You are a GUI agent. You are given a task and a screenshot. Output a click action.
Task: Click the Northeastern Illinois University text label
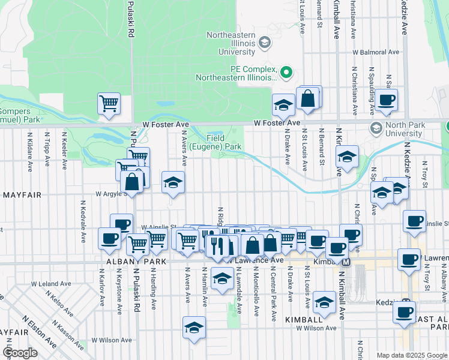click(x=232, y=43)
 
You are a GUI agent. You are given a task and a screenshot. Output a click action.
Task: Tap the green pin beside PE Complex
click(x=286, y=73)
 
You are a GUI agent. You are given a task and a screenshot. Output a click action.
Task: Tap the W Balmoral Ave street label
click(x=376, y=52)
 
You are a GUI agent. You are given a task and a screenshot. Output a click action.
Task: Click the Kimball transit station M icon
click(x=346, y=261)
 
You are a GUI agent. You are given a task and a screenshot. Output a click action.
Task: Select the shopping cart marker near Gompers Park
click(x=109, y=103)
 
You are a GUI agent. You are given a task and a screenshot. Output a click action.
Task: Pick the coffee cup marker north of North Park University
click(x=386, y=101)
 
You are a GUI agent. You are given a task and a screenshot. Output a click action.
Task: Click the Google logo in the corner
click(x=19, y=353)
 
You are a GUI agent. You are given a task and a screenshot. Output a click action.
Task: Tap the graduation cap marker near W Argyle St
click(x=173, y=184)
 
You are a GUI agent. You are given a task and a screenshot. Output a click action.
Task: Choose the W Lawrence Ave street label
click(x=256, y=260)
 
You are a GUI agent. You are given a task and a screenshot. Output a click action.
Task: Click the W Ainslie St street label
click(x=157, y=227)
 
